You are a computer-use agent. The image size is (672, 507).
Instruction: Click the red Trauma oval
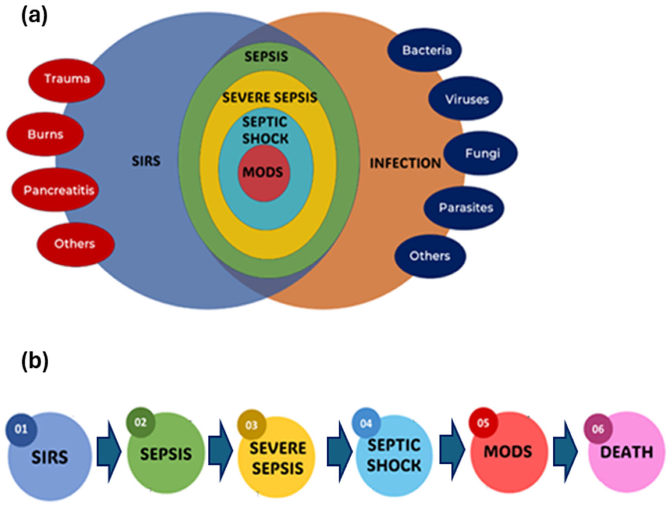[67, 80]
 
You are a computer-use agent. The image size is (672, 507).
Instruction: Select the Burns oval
[45, 134]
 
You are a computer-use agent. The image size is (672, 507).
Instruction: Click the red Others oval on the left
[76, 244]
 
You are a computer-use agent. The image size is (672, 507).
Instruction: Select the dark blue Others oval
[430, 256]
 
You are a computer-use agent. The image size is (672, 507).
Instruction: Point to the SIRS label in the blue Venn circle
[146, 161]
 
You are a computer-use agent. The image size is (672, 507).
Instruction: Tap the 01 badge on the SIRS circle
[21, 430]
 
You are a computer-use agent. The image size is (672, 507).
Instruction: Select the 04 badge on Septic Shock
[366, 423]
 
